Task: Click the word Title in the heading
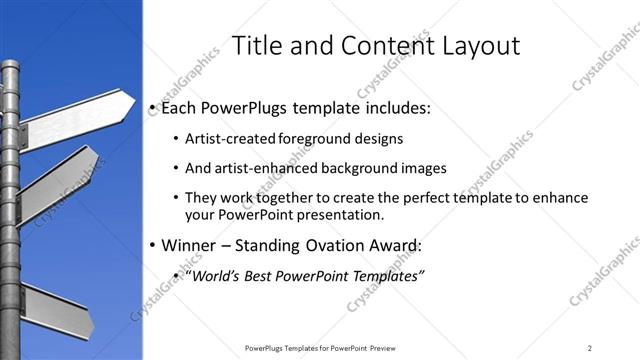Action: click(x=257, y=46)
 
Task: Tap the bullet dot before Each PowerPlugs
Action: click(x=152, y=107)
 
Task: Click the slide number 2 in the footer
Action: click(x=590, y=347)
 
